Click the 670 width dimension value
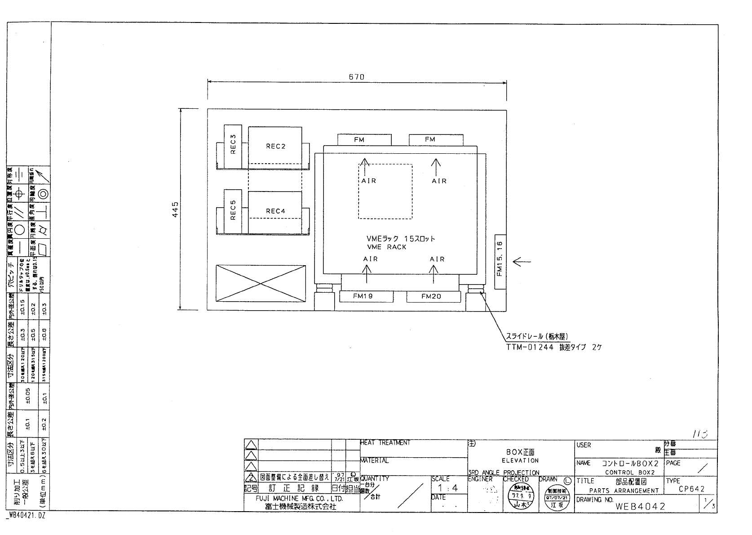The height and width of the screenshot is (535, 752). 356,77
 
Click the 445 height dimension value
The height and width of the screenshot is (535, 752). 176,209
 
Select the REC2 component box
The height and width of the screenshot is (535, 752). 275,146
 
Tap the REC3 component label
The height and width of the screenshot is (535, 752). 233,144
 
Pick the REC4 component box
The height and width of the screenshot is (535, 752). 275,211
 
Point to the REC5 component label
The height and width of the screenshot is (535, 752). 233,210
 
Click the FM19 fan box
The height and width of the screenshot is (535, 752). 366,297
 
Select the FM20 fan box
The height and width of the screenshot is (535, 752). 434,297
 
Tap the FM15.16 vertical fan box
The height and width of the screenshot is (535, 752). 500,261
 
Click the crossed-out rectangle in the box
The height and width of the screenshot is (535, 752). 261,284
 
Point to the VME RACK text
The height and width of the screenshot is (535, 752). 386,247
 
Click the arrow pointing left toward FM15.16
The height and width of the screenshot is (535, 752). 522,261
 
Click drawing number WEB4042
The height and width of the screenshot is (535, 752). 640,506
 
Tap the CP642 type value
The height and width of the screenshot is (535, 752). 691,490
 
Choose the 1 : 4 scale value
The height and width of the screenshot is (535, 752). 448,488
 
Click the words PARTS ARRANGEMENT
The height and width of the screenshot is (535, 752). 624,491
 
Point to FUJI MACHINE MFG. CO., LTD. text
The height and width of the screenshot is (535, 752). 300,499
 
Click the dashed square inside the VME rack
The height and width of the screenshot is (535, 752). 385,192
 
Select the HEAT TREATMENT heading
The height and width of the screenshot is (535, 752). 385,443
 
